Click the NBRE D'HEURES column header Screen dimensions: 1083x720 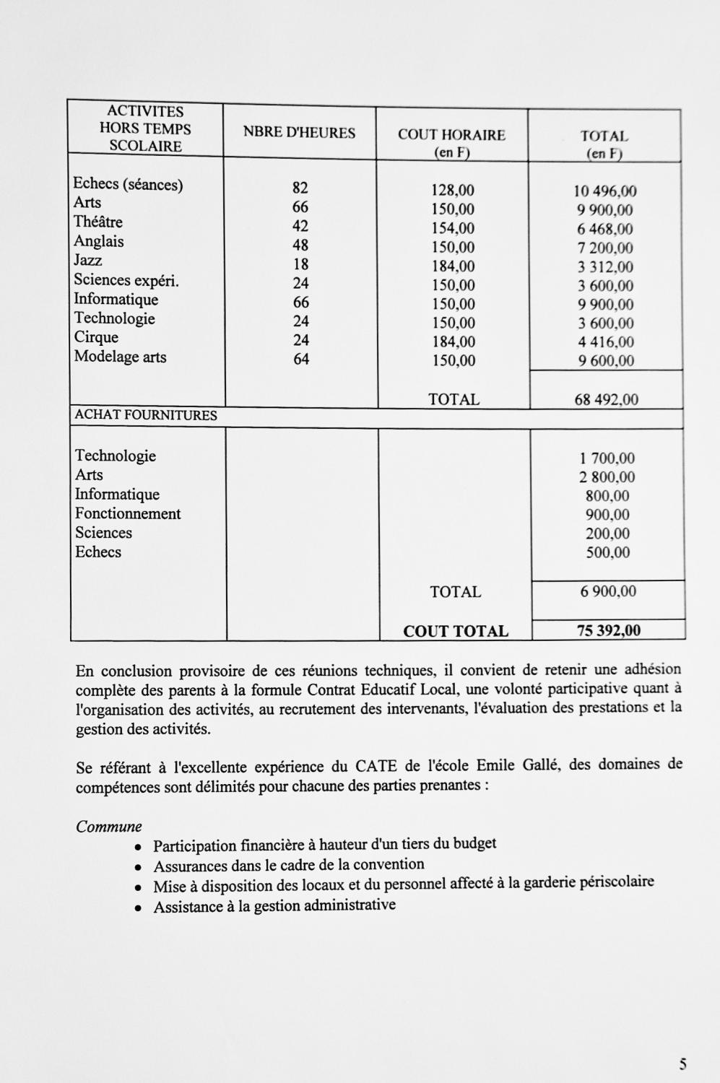pyautogui.click(x=299, y=133)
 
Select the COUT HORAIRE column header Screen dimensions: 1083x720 pyautogui.click(x=451, y=135)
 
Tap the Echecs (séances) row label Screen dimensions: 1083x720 pyautogui.click(x=128, y=185)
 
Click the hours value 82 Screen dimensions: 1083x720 pyautogui.click(x=300, y=188)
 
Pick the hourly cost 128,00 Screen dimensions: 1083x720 pyautogui.click(x=454, y=191)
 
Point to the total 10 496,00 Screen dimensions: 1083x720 pyautogui.click(x=605, y=191)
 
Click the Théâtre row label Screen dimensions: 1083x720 pyautogui.click(x=98, y=222)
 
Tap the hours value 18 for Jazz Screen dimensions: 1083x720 pyautogui.click(x=300, y=264)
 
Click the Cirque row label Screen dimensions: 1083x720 pyautogui.click(x=96, y=337)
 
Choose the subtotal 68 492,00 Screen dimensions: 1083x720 pyautogui.click(x=606, y=399)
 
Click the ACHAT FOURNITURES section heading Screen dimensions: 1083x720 pyautogui.click(x=146, y=416)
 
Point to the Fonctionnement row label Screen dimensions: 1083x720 pyautogui.click(x=128, y=514)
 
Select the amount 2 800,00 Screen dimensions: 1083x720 pyautogui.click(x=607, y=477)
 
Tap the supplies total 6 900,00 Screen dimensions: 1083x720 pyautogui.click(x=608, y=592)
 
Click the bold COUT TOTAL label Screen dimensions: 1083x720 pyautogui.click(x=455, y=631)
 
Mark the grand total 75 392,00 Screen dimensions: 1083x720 pyautogui.click(x=608, y=630)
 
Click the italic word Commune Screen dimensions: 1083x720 pyautogui.click(x=109, y=827)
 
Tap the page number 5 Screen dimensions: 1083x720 pyautogui.click(x=682, y=1064)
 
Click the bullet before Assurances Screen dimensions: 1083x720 pyautogui.click(x=137, y=866)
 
